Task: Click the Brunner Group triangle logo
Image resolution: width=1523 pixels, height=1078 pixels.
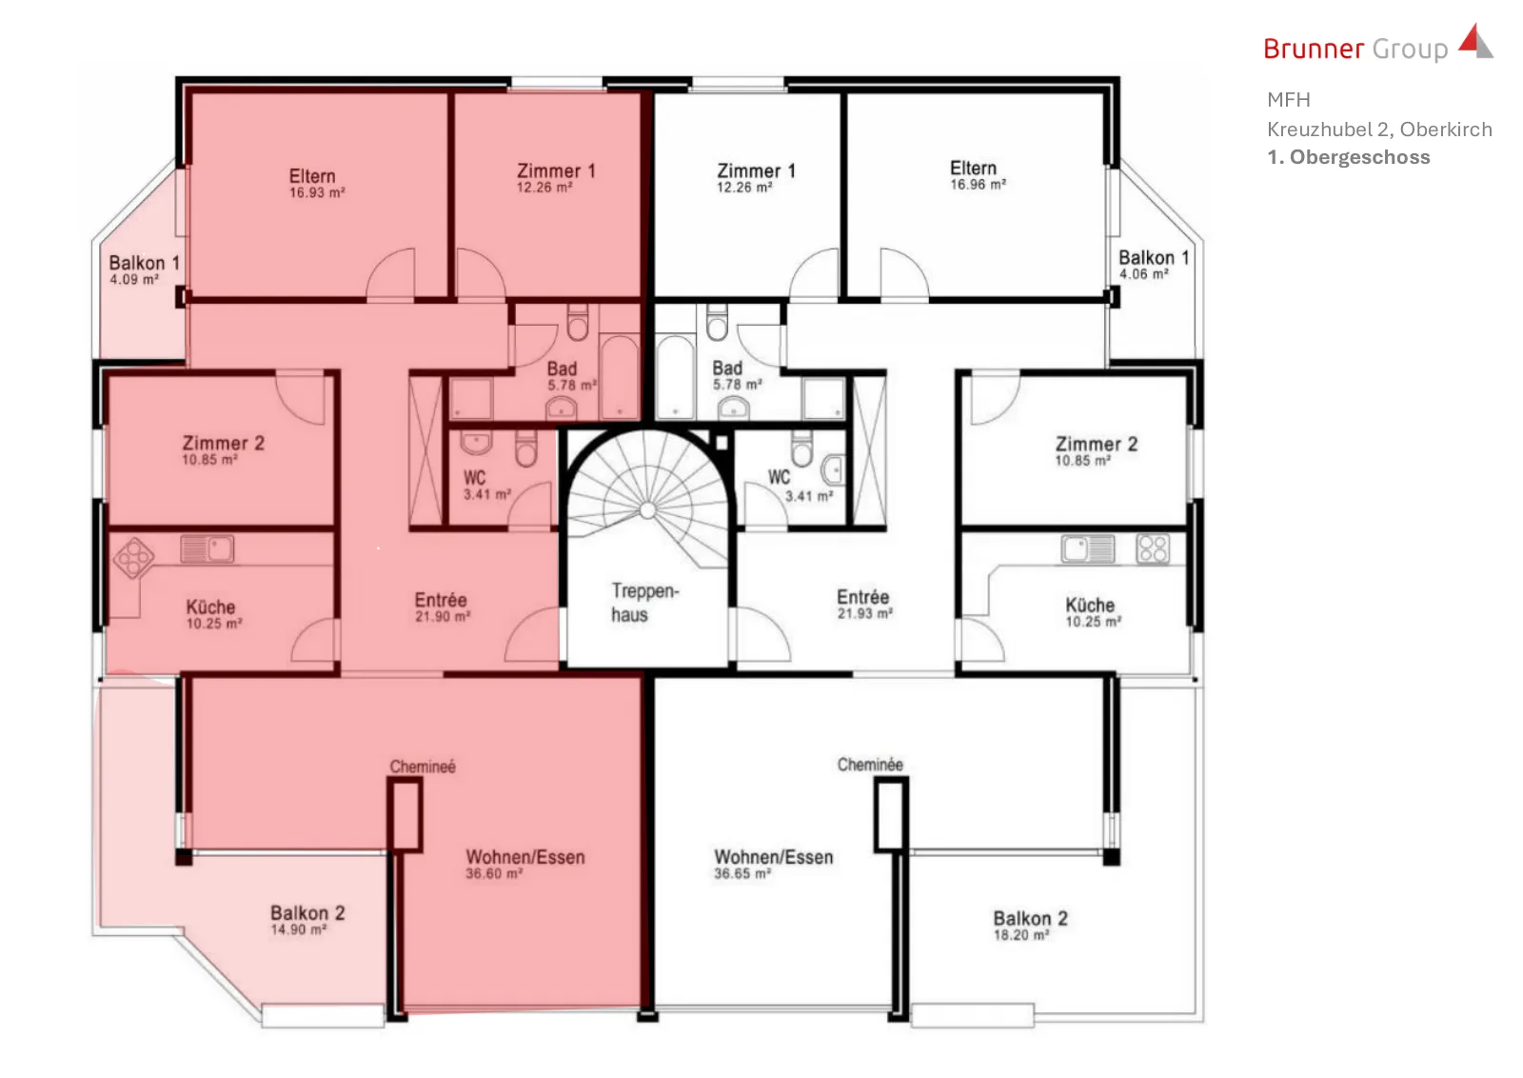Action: pyautogui.click(x=1476, y=41)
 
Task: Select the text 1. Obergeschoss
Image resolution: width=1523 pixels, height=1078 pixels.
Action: pyautogui.click(x=1348, y=157)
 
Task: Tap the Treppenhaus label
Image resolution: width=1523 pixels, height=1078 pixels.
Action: pyautogui.click(x=643, y=603)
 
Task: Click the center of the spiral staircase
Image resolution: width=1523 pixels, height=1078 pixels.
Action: pyautogui.click(x=648, y=509)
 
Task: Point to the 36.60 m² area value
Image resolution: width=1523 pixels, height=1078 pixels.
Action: pyautogui.click(x=494, y=873)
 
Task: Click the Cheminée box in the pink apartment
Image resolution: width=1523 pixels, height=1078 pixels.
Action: pyautogui.click(x=405, y=815)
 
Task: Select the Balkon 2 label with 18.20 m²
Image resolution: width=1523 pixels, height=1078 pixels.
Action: pyautogui.click(x=1030, y=926)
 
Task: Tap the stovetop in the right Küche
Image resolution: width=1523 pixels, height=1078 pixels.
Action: pyautogui.click(x=1153, y=549)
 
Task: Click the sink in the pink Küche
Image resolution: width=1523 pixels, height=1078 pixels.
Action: pyautogui.click(x=208, y=549)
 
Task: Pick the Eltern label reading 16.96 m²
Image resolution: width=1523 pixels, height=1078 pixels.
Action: pyautogui.click(x=977, y=175)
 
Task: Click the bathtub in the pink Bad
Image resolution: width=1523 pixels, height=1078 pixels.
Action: pyautogui.click(x=620, y=376)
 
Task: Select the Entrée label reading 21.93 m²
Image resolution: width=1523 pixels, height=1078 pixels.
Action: pyautogui.click(x=863, y=604)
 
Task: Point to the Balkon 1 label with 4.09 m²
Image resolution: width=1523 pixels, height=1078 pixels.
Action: pyautogui.click(x=144, y=269)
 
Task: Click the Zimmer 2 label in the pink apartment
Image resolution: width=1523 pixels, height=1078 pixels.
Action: pyautogui.click(x=223, y=449)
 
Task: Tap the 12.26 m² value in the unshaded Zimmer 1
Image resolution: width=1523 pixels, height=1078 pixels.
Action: pyautogui.click(x=744, y=187)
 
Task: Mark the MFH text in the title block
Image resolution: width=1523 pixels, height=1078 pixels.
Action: pyautogui.click(x=1289, y=100)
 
